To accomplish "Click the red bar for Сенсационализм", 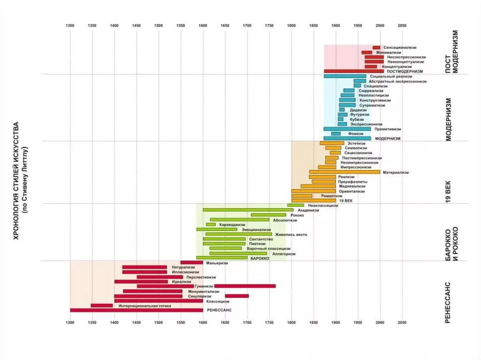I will pyautogui.click(x=376, y=47).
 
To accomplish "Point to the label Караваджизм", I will pyautogui.click(x=230, y=225).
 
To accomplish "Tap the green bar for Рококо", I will pyautogui.click(x=268, y=215).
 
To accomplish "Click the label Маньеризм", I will pyautogui.click(x=217, y=263).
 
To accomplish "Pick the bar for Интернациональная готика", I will pyautogui.click(x=101, y=306).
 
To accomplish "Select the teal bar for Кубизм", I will pyautogui.click(x=341, y=119).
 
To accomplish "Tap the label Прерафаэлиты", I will pyautogui.click(x=352, y=182).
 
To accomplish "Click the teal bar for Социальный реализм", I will pyautogui.click(x=344, y=76).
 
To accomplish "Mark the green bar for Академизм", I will pyautogui.click(x=248, y=210).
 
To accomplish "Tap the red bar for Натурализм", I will pyautogui.click(x=144, y=267).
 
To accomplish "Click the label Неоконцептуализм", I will pyautogui.click(x=406, y=61).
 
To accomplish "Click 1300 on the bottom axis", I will pyautogui.click(x=70, y=322).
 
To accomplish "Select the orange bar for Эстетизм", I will pyautogui.click(x=332, y=143).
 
